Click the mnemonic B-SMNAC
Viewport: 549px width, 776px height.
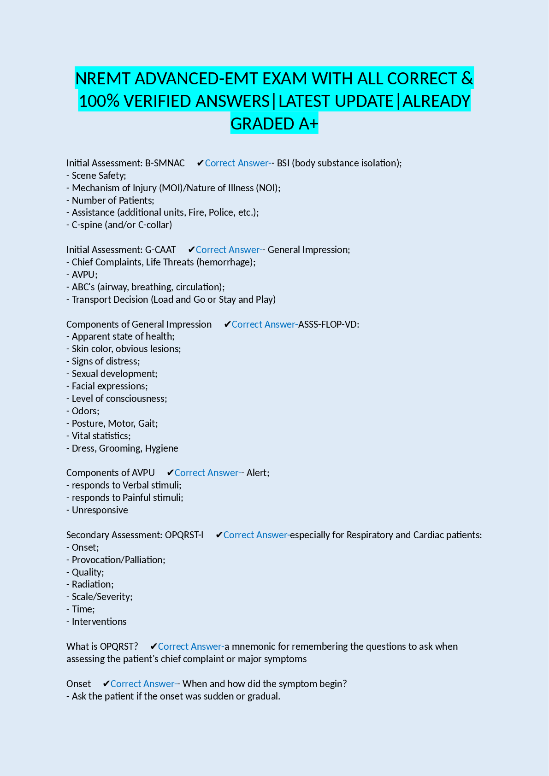click(x=165, y=163)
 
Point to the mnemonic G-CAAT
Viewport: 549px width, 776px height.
click(x=160, y=250)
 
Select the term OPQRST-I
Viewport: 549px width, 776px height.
click(x=184, y=535)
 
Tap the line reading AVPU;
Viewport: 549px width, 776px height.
click(x=84, y=275)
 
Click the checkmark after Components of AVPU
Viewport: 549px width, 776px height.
click(x=170, y=473)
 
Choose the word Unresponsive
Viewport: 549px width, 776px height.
click(x=100, y=510)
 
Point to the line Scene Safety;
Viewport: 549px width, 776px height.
click(x=99, y=176)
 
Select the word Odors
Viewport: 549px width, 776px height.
click(x=85, y=411)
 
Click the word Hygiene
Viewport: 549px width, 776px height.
click(x=161, y=448)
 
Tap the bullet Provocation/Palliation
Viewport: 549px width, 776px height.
click(x=118, y=560)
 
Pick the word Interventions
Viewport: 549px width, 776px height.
click(x=99, y=622)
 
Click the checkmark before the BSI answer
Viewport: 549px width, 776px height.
click(x=200, y=163)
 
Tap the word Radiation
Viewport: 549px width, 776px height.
click(x=92, y=584)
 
